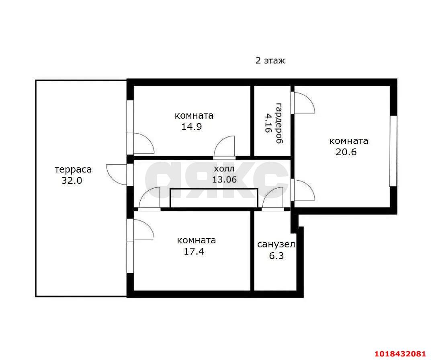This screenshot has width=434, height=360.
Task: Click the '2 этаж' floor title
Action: click(270, 60)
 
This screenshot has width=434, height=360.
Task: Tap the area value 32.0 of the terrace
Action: click(72, 181)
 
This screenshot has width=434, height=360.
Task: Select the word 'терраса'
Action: click(73, 169)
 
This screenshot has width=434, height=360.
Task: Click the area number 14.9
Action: click(192, 127)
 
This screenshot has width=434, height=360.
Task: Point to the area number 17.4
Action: click(194, 251)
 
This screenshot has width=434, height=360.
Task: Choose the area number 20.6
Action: click(346, 152)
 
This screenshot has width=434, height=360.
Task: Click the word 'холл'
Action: click(224, 169)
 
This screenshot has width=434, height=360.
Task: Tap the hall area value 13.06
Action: click(225, 179)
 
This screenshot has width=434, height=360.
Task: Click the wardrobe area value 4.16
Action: click(268, 123)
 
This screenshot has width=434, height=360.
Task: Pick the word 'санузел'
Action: click(276, 245)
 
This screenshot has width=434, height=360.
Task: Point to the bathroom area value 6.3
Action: click(276, 255)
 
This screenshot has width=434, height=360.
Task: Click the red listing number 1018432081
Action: click(400, 354)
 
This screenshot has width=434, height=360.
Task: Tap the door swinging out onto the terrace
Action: click(117, 174)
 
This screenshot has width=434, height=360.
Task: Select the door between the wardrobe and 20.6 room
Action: click(303, 103)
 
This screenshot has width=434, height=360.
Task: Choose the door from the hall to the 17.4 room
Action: click(149, 198)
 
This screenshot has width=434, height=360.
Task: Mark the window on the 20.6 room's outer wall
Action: click(393, 151)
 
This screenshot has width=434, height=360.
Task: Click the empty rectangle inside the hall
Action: click(214, 198)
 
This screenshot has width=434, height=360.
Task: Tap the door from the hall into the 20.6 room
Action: click(303, 190)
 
